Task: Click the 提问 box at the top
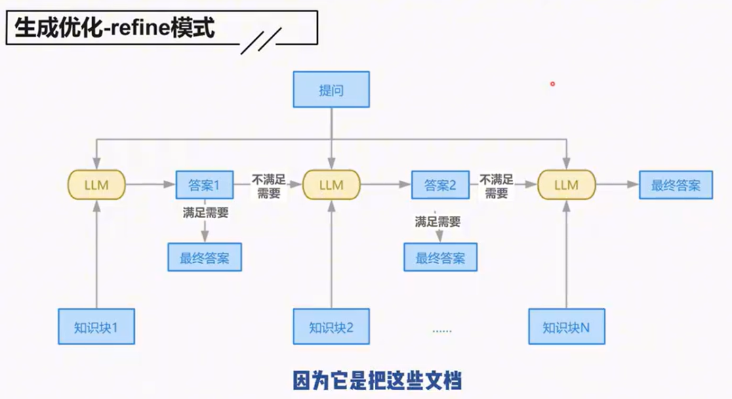point(331,89)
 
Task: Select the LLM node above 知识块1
point(96,184)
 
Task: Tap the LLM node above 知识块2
point(331,184)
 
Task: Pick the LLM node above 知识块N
point(567,184)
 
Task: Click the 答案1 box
point(204,184)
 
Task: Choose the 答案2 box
point(441,184)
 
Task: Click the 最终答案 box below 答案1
point(204,257)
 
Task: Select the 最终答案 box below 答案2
point(441,257)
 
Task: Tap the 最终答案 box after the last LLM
point(676,184)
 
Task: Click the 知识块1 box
point(96,327)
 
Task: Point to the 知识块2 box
point(331,327)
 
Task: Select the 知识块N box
point(567,327)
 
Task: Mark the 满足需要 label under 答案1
point(205,213)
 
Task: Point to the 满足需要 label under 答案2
point(438,222)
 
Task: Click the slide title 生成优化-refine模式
point(115,29)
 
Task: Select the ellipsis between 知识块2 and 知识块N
point(442,331)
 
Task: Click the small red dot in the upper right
point(553,84)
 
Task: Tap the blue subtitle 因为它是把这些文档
point(377,380)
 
